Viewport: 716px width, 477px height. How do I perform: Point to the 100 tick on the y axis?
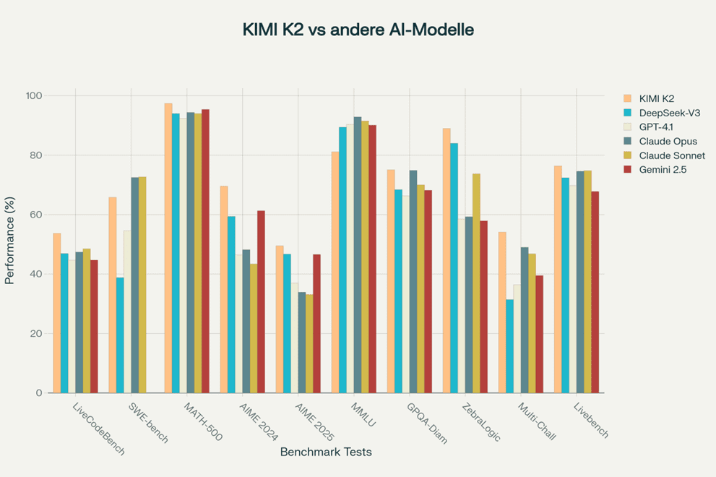(x=35, y=96)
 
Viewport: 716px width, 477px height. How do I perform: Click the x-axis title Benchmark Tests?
(x=325, y=452)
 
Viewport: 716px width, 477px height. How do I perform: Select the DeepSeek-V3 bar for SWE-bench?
(x=120, y=335)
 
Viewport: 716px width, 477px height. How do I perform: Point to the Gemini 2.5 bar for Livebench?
(x=595, y=292)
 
